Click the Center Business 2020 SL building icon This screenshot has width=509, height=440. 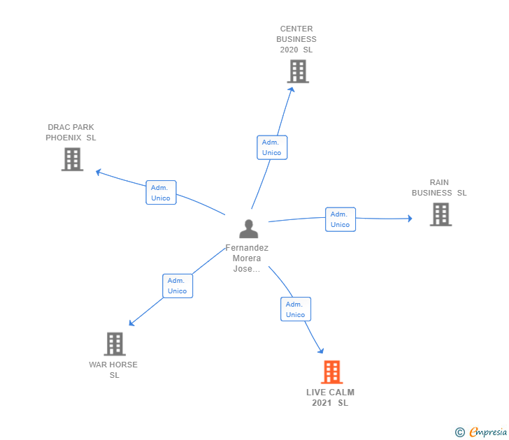298,71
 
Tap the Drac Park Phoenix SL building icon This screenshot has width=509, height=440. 72,159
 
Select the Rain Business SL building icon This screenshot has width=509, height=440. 440,214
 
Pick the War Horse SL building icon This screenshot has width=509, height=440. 115,344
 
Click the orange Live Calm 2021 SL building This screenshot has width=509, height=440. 331,372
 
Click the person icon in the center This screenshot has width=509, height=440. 248,228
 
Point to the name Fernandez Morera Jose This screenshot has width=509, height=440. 247,258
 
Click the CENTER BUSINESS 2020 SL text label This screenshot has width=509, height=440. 296,39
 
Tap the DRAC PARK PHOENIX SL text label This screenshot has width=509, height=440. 71,133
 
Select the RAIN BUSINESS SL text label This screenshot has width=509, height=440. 439,188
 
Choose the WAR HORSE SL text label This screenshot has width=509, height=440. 113,370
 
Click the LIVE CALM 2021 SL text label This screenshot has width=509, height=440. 330,397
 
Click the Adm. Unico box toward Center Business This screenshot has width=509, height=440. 271,147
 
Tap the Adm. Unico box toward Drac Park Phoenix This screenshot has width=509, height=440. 161,193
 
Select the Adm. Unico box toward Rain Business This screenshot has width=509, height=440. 340,219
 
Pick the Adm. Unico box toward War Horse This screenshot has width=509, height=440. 178,286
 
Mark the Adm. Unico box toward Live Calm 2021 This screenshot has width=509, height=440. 295,309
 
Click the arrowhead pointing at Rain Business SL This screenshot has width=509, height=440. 410,219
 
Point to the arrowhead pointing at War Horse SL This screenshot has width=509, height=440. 131,323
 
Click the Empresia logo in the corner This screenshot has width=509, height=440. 482,432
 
